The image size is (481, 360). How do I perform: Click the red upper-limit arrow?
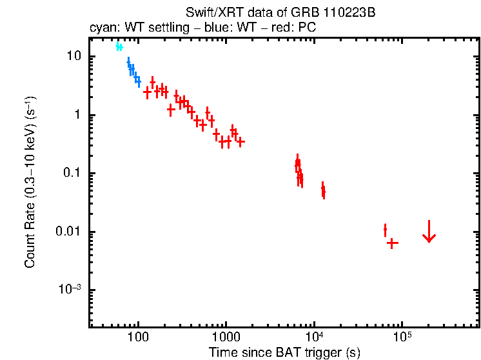429,232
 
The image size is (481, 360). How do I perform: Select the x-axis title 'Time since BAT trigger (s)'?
284,352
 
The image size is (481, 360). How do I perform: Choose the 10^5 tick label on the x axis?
402,336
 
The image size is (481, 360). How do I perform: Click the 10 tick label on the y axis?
74,56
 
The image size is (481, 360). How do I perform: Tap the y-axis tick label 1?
77,115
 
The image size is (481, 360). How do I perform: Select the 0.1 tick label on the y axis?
71,174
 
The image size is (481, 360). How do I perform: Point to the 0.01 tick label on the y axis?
68,232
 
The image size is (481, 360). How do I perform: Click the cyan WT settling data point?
119,47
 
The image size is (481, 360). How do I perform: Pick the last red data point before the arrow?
391,243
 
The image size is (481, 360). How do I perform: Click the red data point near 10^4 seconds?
323,191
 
